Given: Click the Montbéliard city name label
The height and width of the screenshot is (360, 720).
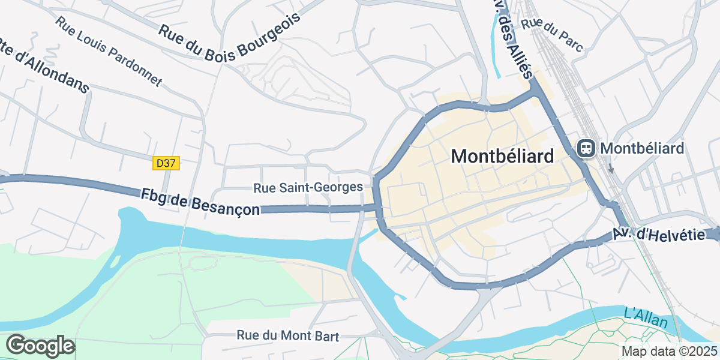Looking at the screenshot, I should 502,157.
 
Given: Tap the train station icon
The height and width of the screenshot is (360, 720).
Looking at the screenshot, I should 586,148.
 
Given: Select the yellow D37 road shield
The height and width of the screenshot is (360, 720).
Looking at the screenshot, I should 166,163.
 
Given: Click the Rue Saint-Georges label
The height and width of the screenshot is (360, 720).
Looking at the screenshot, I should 308,188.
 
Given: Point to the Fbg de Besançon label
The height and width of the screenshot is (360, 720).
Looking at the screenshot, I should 200,202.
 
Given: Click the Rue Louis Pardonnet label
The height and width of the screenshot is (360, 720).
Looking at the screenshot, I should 109,51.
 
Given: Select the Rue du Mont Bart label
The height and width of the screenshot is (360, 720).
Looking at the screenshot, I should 288,336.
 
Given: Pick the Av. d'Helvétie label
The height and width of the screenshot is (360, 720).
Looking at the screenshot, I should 658,235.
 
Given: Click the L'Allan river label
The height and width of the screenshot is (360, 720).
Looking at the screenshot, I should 646,318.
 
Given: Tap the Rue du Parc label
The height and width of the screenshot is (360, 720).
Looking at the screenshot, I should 552,35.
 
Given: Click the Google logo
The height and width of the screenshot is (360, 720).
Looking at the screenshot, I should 40,346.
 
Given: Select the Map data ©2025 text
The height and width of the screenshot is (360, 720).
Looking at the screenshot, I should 668,351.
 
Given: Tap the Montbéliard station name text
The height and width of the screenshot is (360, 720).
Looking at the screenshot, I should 642,148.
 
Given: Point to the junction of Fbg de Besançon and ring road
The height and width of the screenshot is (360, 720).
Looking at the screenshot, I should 378,208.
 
